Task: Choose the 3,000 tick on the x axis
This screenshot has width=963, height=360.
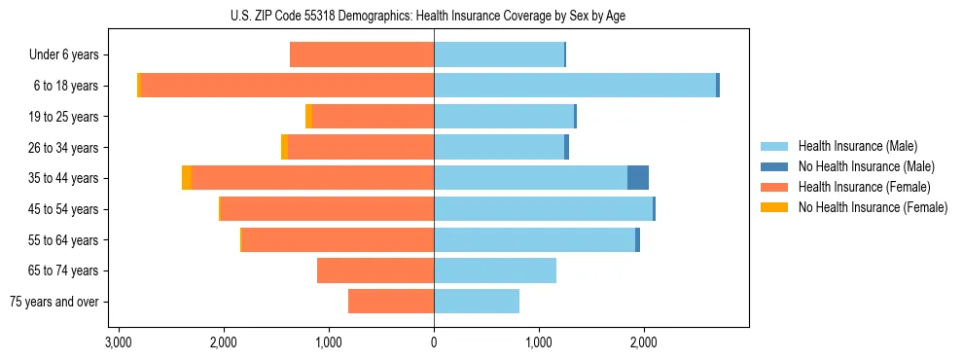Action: (x=119, y=342)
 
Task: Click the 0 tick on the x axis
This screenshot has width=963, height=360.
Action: (x=434, y=342)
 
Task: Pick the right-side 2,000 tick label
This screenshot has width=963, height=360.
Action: (x=644, y=342)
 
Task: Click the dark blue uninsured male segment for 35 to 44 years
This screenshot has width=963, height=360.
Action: (x=638, y=178)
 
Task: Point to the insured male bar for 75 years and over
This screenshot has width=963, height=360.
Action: (x=477, y=302)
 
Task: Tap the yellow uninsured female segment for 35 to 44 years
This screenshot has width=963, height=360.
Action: (x=187, y=178)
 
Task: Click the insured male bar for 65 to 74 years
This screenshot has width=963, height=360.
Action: (x=495, y=270)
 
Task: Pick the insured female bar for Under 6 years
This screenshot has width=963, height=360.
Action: (x=362, y=55)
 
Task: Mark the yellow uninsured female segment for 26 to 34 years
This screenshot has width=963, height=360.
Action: (x=284, y=147)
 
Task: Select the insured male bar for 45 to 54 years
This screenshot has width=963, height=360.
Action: (x=543, y=209)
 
